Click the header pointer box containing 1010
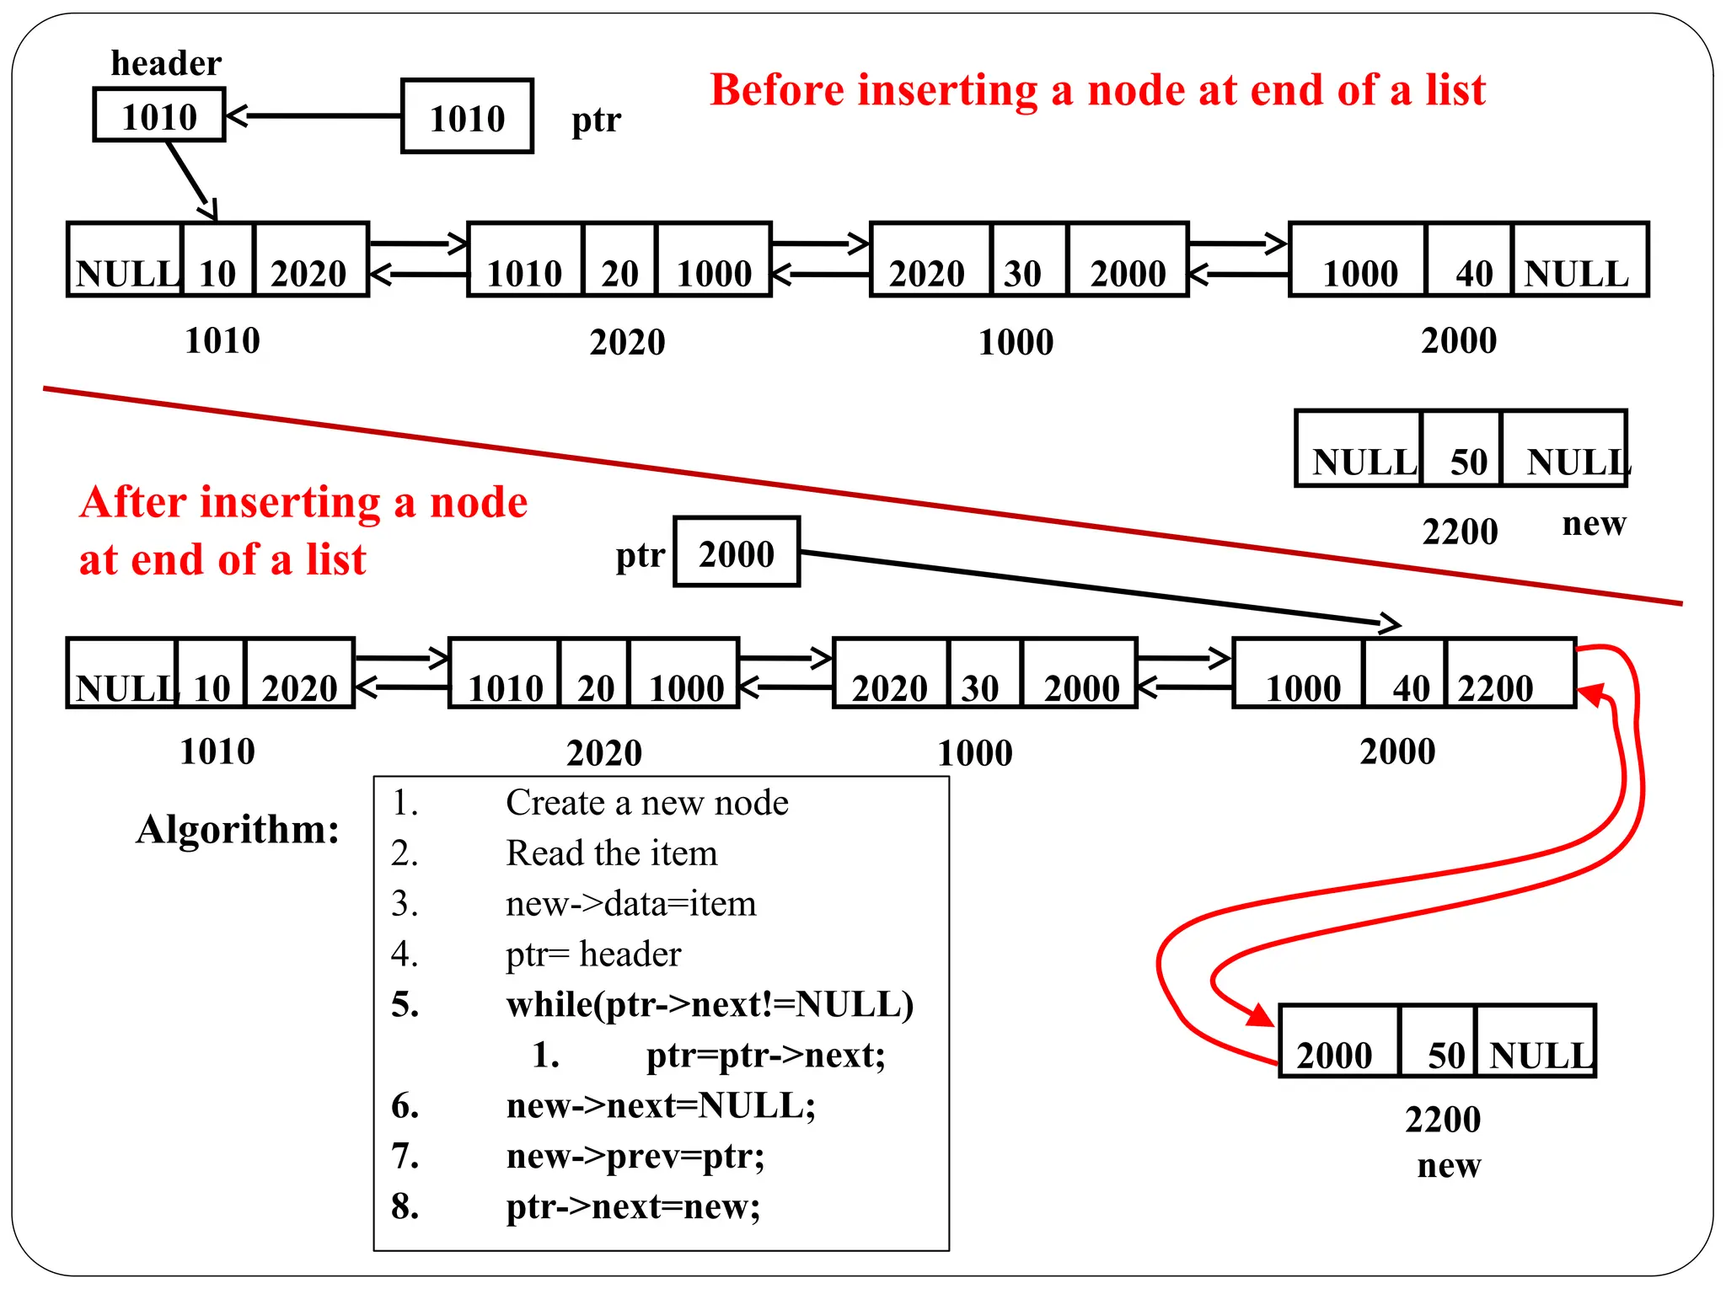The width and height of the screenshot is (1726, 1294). (x=158, y=115)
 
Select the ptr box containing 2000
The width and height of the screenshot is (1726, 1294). (x=736, y=553)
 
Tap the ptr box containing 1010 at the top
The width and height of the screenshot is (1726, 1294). (x=467, y=116)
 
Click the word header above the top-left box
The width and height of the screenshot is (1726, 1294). (x=166, y=63)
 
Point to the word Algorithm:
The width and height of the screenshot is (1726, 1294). (x=238, y=829)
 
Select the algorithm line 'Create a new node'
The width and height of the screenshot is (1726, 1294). (x=646, y=803)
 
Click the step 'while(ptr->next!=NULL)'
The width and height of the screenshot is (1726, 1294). (x=710, y=1005)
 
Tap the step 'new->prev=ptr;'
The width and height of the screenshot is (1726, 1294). (x=635, y=1157)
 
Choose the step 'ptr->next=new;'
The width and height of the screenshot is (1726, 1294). (x=633, y=1207)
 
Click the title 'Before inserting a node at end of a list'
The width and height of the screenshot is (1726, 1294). (x=1097, y=90)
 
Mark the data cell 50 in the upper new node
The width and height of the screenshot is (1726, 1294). (x=1462, y=449)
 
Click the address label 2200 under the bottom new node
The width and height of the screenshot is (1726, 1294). (x=1442, y=1120)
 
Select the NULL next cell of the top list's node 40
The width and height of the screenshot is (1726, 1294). (x=1579, y=260)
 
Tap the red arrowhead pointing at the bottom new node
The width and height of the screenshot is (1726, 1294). (x=1261, y=1015)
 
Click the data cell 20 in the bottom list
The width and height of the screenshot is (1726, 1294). (x=594, y=674)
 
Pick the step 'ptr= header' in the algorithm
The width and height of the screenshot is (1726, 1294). (x=592, y=954)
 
